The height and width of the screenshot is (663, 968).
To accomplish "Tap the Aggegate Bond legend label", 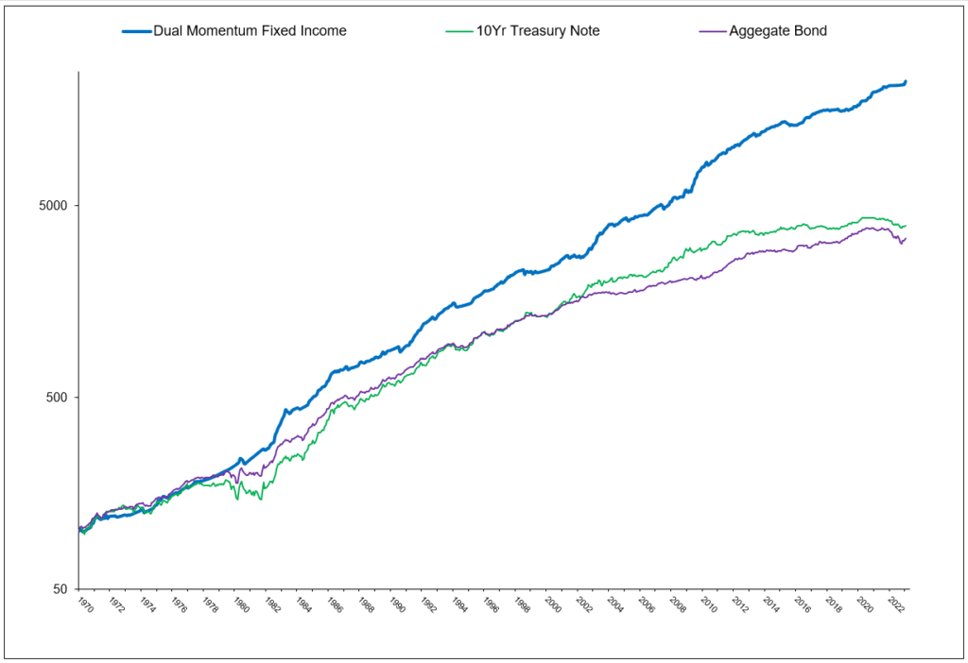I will (x=778, y=31).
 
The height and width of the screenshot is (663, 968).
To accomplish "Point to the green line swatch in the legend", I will (x=458, y=31).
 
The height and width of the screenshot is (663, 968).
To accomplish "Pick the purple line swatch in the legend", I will (x=711, y=31).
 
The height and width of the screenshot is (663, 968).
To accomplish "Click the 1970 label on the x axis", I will (x=86, y=603).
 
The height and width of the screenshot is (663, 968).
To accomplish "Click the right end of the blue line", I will (x=906, y=82).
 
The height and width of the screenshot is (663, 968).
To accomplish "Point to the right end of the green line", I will (x=906, y=226).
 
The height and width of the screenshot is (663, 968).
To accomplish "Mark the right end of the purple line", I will (x=906, y=238).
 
